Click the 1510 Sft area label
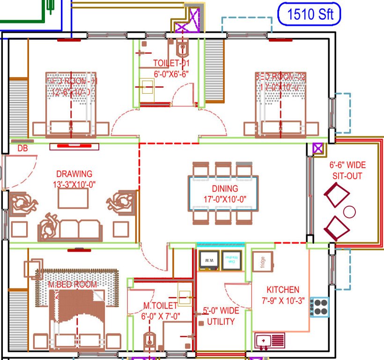(x=310, y=14)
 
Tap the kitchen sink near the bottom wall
(x=269, y=340)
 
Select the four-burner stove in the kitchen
(x=320, y=307)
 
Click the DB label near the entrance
(x=22, y=149)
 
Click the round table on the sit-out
(x=349, y=211)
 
